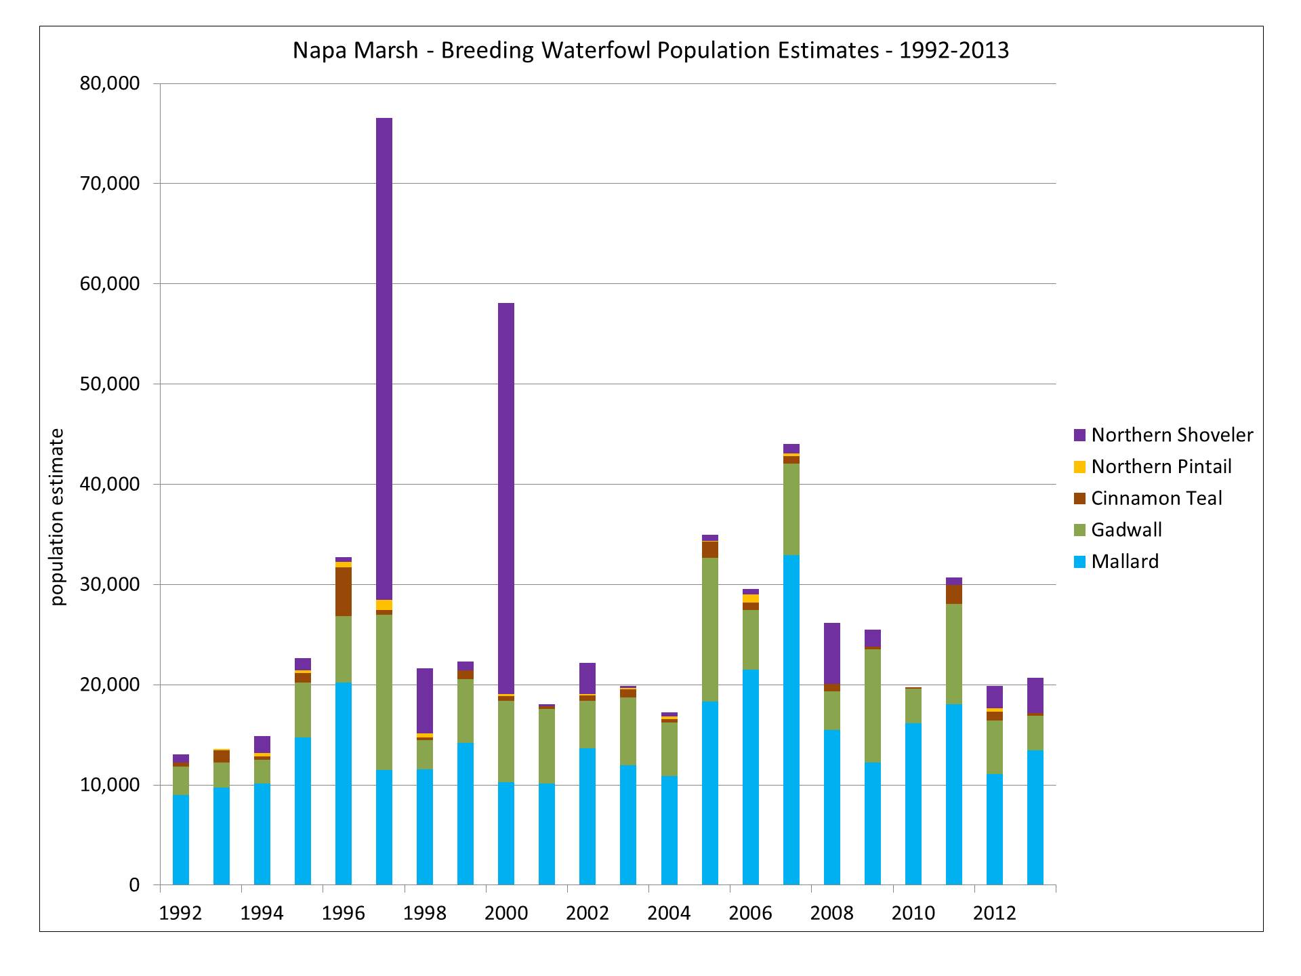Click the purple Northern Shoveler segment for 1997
(x=384, y=359)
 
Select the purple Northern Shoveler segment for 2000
(x=506, y=498)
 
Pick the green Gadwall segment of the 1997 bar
(x=384, y=692)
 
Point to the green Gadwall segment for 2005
(x=710, y=630)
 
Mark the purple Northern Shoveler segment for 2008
(x=832, y=653)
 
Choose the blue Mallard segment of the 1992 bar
(x=181, y=840)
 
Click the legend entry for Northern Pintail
(x=1161, y=466)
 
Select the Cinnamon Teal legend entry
(x=1156, y=498)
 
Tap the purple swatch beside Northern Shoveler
(x=1079, y=435)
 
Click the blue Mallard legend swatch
(x=1079, y=562)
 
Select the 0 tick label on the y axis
(x=133, y=884)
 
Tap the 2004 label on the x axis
(x=669, y=913)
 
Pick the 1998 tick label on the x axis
(x=425, y=913)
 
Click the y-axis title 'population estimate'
(x=58, y=516)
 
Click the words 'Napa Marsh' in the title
(x=355, y=51)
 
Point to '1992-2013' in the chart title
(x=953, y=51)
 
